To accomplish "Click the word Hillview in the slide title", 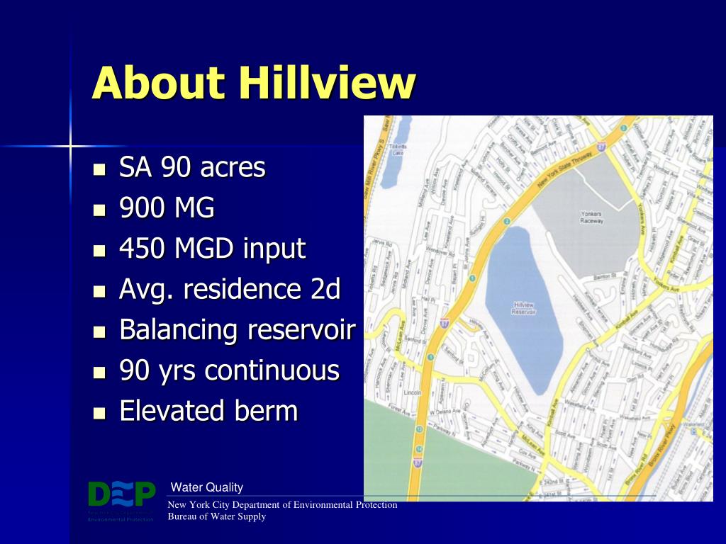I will point(327,83).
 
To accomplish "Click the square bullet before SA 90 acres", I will point(99,170).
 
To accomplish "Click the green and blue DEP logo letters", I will point(121,494).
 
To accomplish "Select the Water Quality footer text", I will point(207,487).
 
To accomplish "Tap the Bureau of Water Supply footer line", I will point(216,516).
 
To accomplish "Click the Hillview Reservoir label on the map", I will point(524,307).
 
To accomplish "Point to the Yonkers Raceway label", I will point(591,217).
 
